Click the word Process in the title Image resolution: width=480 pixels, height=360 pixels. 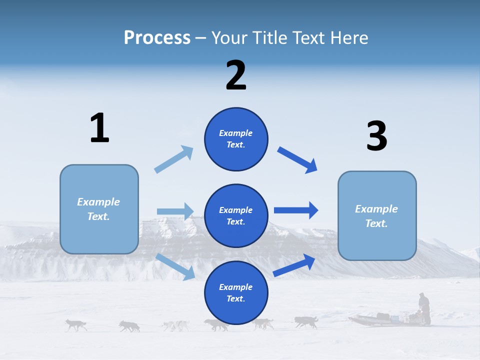(157, 37)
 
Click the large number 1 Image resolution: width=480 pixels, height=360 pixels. (99, 128)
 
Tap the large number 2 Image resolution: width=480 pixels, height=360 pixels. (236, 75)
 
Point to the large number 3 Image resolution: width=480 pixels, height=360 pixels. (376, 136)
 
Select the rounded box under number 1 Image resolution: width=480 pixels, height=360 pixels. (99, 209)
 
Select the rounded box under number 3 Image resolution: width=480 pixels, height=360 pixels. (377, 215)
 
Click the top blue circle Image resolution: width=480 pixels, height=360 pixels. (236, 139)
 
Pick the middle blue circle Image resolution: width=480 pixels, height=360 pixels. (236, 215)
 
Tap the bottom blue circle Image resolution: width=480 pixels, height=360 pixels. (236, 292)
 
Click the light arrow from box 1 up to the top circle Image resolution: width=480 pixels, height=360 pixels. (173, 159)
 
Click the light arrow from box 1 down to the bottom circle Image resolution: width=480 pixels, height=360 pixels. (175, 266)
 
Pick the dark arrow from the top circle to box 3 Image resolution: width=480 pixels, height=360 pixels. (297, 160)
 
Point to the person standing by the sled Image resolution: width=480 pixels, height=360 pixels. (424, 307)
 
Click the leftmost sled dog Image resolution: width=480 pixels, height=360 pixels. (76, 325)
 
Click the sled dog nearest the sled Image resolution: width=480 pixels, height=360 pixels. (305, 322)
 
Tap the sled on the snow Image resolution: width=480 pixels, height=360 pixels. (380, 318)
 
